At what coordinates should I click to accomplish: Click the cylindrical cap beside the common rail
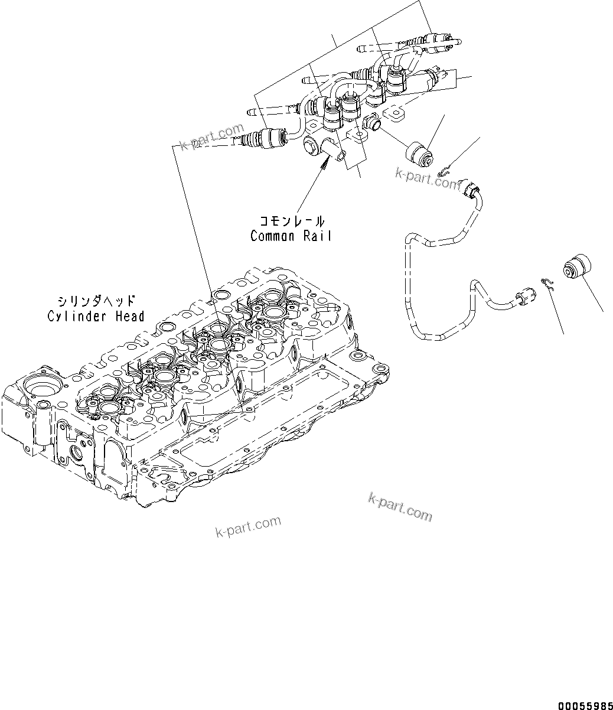point(419,153)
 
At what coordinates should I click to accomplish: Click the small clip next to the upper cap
point(447,172)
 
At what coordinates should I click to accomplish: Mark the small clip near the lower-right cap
point(547,284)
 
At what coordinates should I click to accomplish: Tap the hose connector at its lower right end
point(524,293)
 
